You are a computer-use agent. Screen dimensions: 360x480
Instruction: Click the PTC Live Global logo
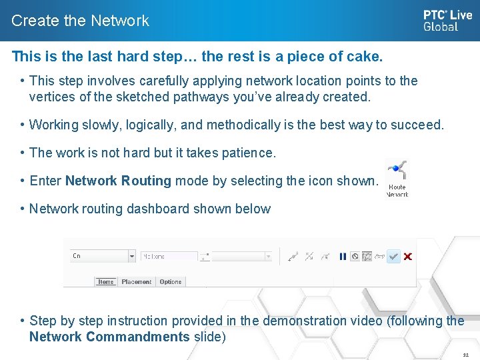point(447,20)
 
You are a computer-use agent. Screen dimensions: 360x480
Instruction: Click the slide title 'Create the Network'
point(80,21)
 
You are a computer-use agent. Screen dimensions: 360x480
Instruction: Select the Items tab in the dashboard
point(106,282)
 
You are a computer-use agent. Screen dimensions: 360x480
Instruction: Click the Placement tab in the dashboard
point(137,282)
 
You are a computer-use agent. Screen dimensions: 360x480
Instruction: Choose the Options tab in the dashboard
point(171,282)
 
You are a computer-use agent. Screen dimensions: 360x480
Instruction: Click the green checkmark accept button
point(394,256)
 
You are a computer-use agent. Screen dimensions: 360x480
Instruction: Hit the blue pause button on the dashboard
point(343,256)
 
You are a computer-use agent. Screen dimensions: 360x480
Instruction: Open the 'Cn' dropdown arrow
point(131,256)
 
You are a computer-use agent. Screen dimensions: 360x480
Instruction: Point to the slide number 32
point(466,355)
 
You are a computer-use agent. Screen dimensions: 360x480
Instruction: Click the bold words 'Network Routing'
point(118,181)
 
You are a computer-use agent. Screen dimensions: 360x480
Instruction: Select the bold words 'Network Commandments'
point(109,337)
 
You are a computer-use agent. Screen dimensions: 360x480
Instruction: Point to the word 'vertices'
point(51,97)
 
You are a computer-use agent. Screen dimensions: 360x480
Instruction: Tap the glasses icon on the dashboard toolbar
point(380,256)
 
